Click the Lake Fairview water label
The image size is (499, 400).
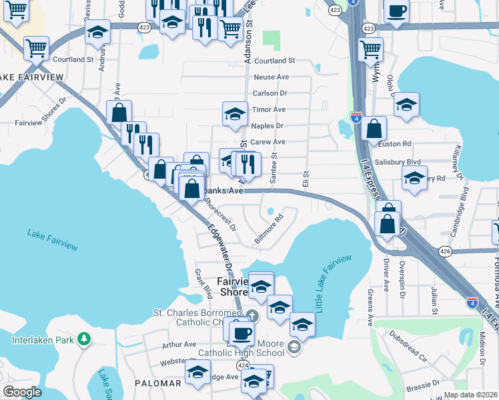[x=52, y=240]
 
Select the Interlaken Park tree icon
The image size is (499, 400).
[x=83, y=340]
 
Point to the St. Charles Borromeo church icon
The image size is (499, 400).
[x=252, y=315]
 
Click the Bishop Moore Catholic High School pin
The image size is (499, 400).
[x=294, y=347]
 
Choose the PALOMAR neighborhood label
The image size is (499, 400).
[x=157, y=383]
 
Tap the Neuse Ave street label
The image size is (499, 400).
[x=271, y=77]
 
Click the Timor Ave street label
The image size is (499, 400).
[x=269, y=109]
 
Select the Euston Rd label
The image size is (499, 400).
[x=399, y=143]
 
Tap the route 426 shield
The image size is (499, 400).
[x=446, y=251]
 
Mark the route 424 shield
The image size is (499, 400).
[x=243, y=365]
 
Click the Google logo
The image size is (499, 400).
[x=23, y=392]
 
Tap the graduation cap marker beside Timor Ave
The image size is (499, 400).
[x=235, y=114]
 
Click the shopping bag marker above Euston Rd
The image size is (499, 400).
[x=375, y=129]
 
